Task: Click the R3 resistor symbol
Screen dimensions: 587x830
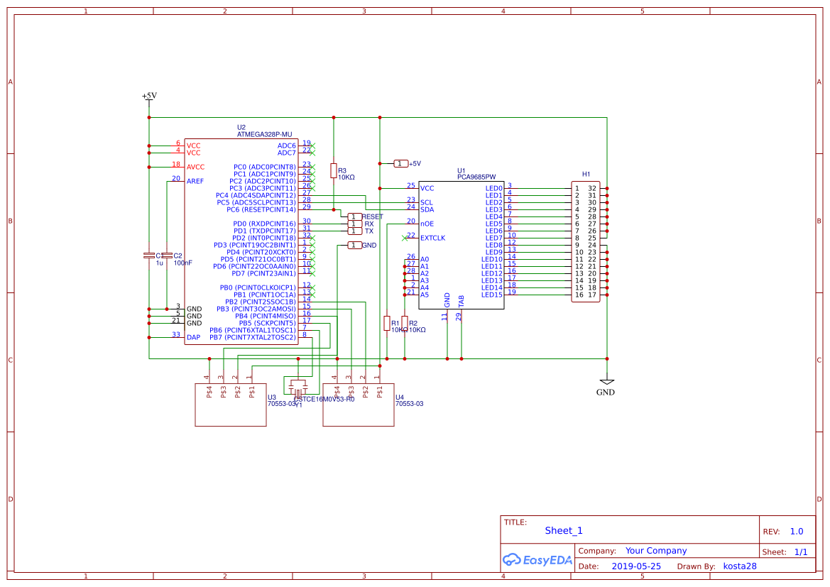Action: pos(333,170)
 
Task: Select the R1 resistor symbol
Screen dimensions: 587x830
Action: pos(386,323)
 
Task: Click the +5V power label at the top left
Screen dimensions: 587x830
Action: pos(149,96)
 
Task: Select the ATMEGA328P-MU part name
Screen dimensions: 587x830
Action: pos(264,134)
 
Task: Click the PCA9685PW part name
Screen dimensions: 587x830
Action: pos(476,177)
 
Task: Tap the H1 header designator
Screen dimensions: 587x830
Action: pos(586,174)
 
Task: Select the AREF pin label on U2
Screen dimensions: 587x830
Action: pos(195,181)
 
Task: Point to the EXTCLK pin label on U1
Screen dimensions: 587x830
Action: pos(432,238)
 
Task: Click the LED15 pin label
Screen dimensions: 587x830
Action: pos(492,295)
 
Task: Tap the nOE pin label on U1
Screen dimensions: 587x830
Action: pos(427,224)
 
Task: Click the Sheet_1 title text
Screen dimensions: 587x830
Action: pos(564,530)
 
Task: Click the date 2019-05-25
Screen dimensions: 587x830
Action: pos(636,566)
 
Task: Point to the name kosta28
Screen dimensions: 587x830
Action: pos(740,566)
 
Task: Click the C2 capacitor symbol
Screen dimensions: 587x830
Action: pos(167,256)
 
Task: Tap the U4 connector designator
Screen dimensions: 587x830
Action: pos(400,397)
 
